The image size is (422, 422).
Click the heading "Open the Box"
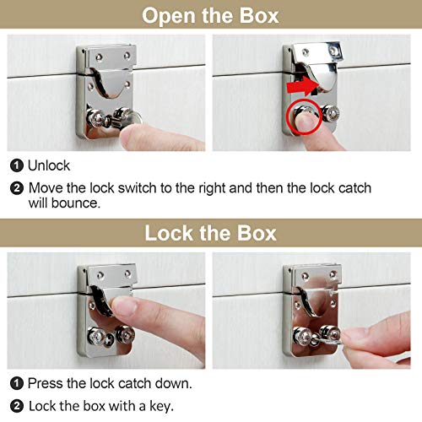(x=210, y=15)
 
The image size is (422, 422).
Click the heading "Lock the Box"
(x=210, y=233)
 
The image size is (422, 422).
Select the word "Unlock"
(x=49, y=165)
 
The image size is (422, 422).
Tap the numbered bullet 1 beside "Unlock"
(x=17, y=165)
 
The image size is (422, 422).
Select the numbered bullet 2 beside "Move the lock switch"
(x=17, y=188)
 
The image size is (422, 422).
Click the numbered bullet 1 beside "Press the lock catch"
(x=17, y=383)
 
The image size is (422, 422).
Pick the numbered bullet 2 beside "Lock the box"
(x=17, y=406)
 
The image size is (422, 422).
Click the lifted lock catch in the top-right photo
(x=319, y=66)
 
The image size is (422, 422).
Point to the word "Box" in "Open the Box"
(x=259, y=15)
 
